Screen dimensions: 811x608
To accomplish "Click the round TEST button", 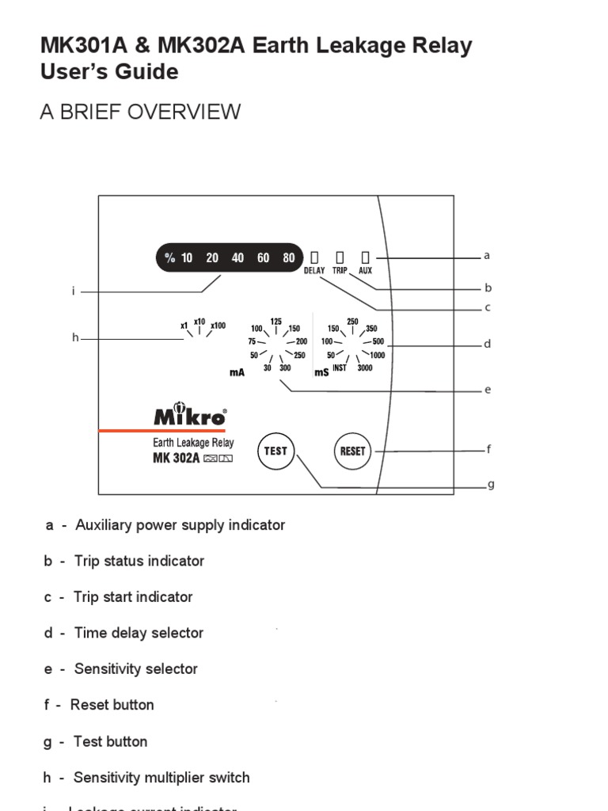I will [x=275, y=451].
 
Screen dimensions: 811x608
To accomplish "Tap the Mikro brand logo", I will [x=190, y=417].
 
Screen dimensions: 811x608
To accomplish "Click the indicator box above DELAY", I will [x=314, y=257].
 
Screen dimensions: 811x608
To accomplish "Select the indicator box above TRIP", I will [x=340, y=257].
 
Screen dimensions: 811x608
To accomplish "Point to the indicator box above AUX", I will [x=365, y=257].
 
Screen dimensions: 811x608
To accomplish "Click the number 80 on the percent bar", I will [x=289, y=258].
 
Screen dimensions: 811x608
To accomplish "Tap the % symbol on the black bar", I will [x=169, y=258].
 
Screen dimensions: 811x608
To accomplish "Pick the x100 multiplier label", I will [x=218, y=326].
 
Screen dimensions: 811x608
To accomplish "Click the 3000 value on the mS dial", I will [x=365, y=368].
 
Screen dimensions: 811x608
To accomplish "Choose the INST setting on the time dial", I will [x=339, y=368].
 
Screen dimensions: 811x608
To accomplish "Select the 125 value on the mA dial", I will [x=275, y=322].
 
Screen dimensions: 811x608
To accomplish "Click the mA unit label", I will [x=237, y=372].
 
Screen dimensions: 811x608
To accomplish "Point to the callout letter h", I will [x=75, y=338].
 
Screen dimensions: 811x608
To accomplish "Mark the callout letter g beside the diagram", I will [x=491, y=485].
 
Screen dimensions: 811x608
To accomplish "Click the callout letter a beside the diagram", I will [x=487, y=256].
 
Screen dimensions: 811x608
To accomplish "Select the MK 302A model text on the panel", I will [x=176, y=459].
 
